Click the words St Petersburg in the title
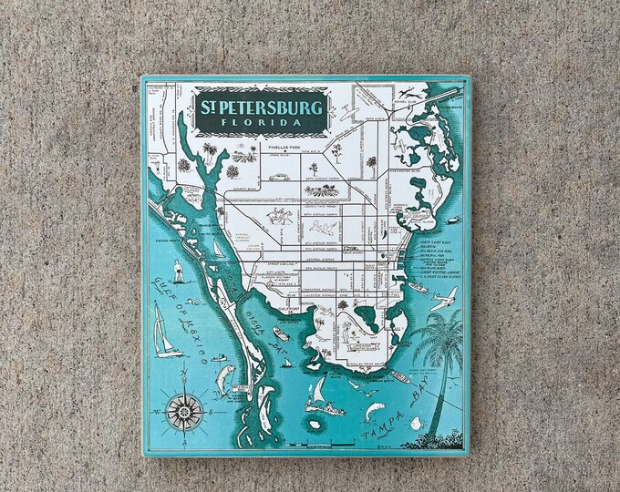[261, 108]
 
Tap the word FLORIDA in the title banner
[261, 122]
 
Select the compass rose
[184, 412]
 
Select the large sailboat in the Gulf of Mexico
[164, 332]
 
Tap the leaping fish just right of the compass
[224, 379]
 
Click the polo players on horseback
[280, 216]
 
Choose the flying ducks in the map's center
[323, 227]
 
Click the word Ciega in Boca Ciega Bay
[253, 321]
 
